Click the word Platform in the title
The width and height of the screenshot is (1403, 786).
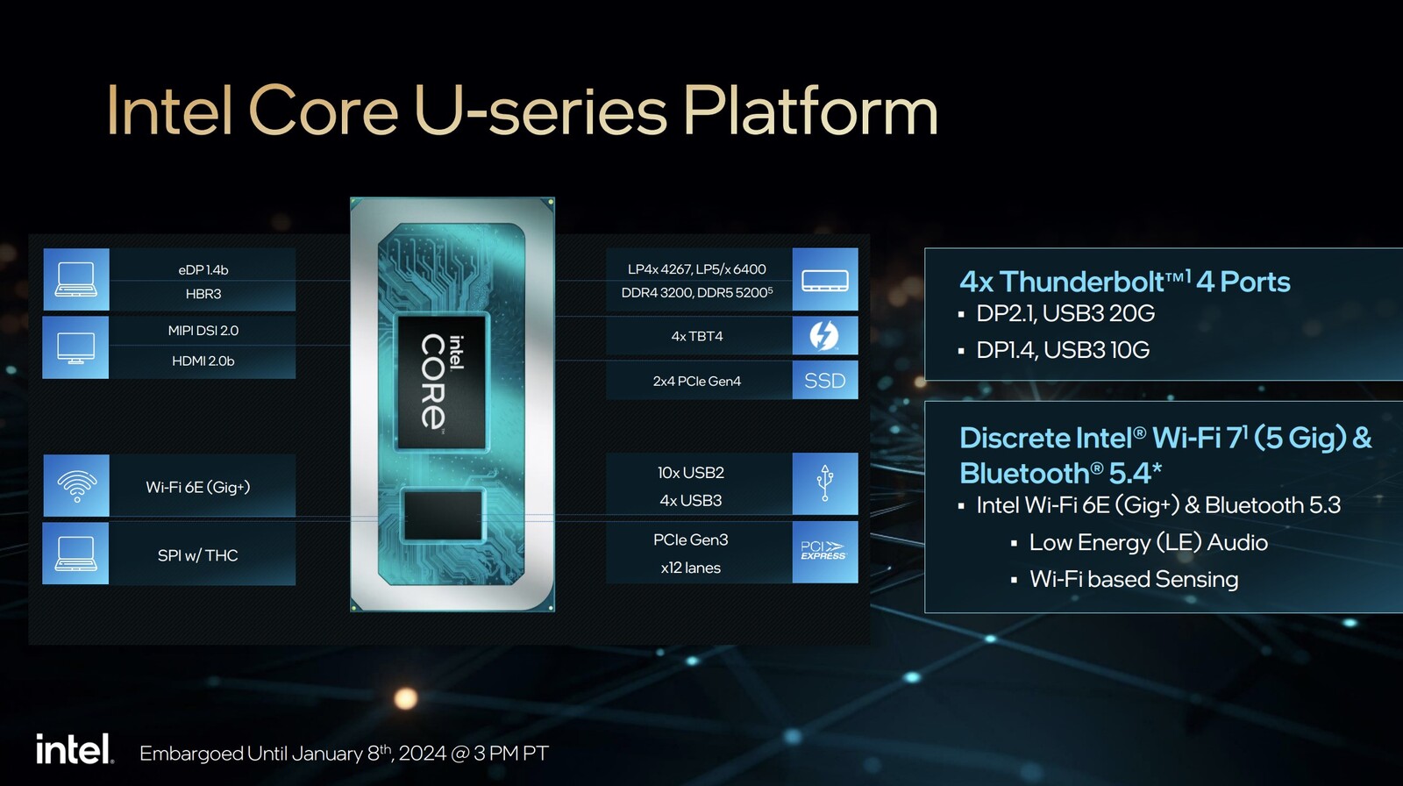[810, 111]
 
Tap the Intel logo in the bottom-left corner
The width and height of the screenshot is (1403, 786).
[75, 750]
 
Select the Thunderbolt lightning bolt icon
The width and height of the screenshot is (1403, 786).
[824, 335]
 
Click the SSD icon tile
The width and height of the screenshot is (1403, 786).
[824, 381]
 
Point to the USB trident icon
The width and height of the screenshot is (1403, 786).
[824, 483]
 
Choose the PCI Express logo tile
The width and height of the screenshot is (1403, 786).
[824, 552]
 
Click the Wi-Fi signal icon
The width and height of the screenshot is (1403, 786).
[76, 485]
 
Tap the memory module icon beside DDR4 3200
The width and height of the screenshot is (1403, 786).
[824, 280]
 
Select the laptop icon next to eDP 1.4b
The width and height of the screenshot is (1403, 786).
[76, 280]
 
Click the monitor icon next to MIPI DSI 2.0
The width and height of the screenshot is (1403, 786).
[76, 347]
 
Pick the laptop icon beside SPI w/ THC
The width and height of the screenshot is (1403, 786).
[76, 554]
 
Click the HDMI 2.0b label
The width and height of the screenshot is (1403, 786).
[203, 361]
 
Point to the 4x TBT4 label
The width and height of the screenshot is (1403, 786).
[697, 336]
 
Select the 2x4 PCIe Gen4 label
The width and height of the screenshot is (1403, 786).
[697, 381]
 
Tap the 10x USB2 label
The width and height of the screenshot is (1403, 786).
[691, 473]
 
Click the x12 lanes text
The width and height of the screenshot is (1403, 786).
[691, 568]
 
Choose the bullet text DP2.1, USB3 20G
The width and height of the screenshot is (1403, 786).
[1065, 313]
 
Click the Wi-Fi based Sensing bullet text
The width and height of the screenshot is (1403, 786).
[1133, 579]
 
